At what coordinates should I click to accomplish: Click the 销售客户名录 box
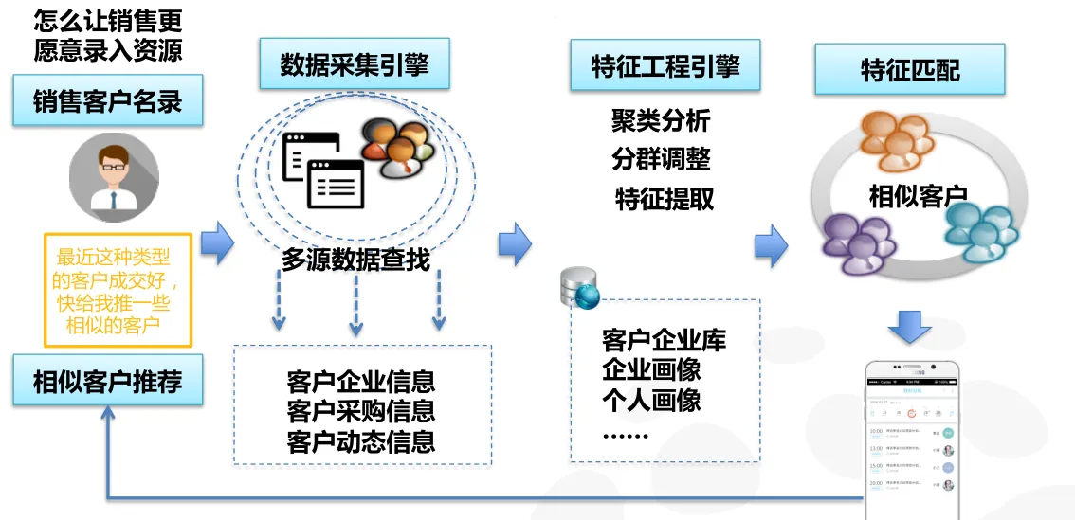pyautogui.click(x=107, y=100)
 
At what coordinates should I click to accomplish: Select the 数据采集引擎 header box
pyautogui.click(x=355, y=65)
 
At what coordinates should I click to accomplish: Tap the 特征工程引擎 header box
pyautogui.click(x=665, y=65)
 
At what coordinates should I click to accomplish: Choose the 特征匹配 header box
pyautogui.click(x=909, y=70)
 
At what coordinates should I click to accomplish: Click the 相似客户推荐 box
pyautogui.click(x=107, y=381)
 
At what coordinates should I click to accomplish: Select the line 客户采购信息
pyautogui.click(x=361, y=412)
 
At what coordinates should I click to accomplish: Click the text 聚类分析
pyautogui.click(x=661, y=120)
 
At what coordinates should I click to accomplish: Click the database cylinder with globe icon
pyautogui.click(x=579, y=288)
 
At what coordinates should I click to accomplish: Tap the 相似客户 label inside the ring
pyautogui.click(x=917, y=197)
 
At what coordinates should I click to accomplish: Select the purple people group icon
pyautogui.click(x=859, y=243)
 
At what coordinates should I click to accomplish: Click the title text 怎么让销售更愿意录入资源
pyautogui.click(x=107, y=34)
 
